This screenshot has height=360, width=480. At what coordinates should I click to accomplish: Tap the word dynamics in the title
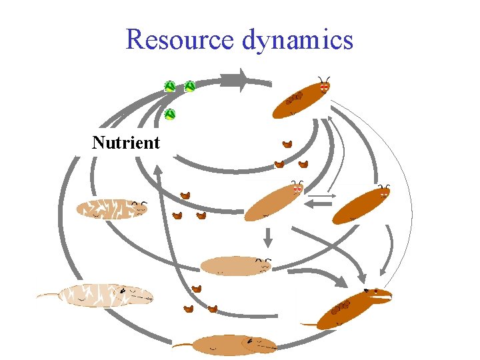(x=297, y=40)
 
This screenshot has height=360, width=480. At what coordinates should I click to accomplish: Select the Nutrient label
(x=126, y=143)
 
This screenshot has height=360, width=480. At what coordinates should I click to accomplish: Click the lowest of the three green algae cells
(x=170, y=114)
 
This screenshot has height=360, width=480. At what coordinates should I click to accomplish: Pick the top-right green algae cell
(x=190, y=86)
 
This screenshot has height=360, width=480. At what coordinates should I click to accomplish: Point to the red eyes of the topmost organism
(x=324, y=87)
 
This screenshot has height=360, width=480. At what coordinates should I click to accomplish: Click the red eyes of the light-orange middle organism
(x=298, y=189)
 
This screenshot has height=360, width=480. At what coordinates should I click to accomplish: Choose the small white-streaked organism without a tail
(x=110, y=209)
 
